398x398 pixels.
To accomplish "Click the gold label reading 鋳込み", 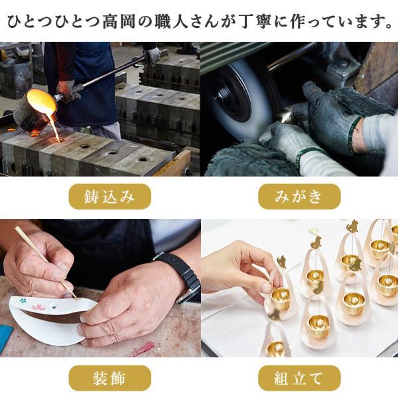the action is point(110,197).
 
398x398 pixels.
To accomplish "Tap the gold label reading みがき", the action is point(299,197).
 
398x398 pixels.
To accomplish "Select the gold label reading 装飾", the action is point(110,378).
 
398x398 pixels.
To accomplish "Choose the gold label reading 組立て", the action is point(299,378).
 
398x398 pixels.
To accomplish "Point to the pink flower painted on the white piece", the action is point(38,307).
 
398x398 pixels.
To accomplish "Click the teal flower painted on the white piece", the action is point(23,300).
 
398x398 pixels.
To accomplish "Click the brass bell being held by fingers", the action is point(281,299).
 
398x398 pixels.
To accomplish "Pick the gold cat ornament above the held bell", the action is point(281,262).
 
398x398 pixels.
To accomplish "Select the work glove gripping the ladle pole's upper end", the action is point(152,55).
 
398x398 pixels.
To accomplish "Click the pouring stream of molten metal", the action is point(54,127).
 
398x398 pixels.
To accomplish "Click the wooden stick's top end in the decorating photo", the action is point(17,228).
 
